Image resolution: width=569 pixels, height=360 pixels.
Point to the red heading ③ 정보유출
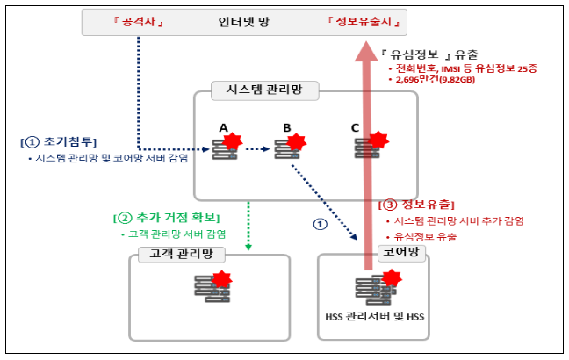[415, 205]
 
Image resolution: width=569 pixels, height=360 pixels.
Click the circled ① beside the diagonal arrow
[320, 223]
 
